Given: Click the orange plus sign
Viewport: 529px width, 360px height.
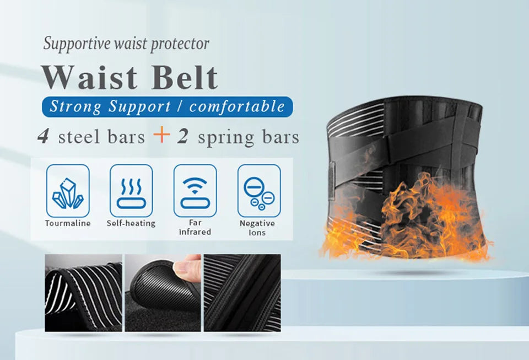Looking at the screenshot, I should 161,135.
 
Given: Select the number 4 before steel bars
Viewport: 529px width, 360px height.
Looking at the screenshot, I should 43,136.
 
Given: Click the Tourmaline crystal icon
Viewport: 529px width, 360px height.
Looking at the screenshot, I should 67,190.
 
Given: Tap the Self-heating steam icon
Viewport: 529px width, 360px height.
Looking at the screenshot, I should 131,190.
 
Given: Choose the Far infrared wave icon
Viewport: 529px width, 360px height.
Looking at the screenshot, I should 195,190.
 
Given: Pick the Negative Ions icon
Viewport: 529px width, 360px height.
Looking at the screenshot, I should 258,190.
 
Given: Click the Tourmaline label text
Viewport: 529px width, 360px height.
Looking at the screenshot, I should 67,223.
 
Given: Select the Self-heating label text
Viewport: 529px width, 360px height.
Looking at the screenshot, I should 131,223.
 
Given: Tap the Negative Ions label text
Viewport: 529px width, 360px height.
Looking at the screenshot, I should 257,228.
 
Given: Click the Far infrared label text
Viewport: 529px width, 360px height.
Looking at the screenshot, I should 195,227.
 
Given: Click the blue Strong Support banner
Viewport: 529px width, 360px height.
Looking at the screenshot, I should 167,106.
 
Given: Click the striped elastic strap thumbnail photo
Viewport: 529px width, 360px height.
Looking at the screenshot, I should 83,293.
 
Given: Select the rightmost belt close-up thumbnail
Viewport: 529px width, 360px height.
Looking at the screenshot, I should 242,293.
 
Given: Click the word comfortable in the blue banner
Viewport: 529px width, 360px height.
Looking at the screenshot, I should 237,106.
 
